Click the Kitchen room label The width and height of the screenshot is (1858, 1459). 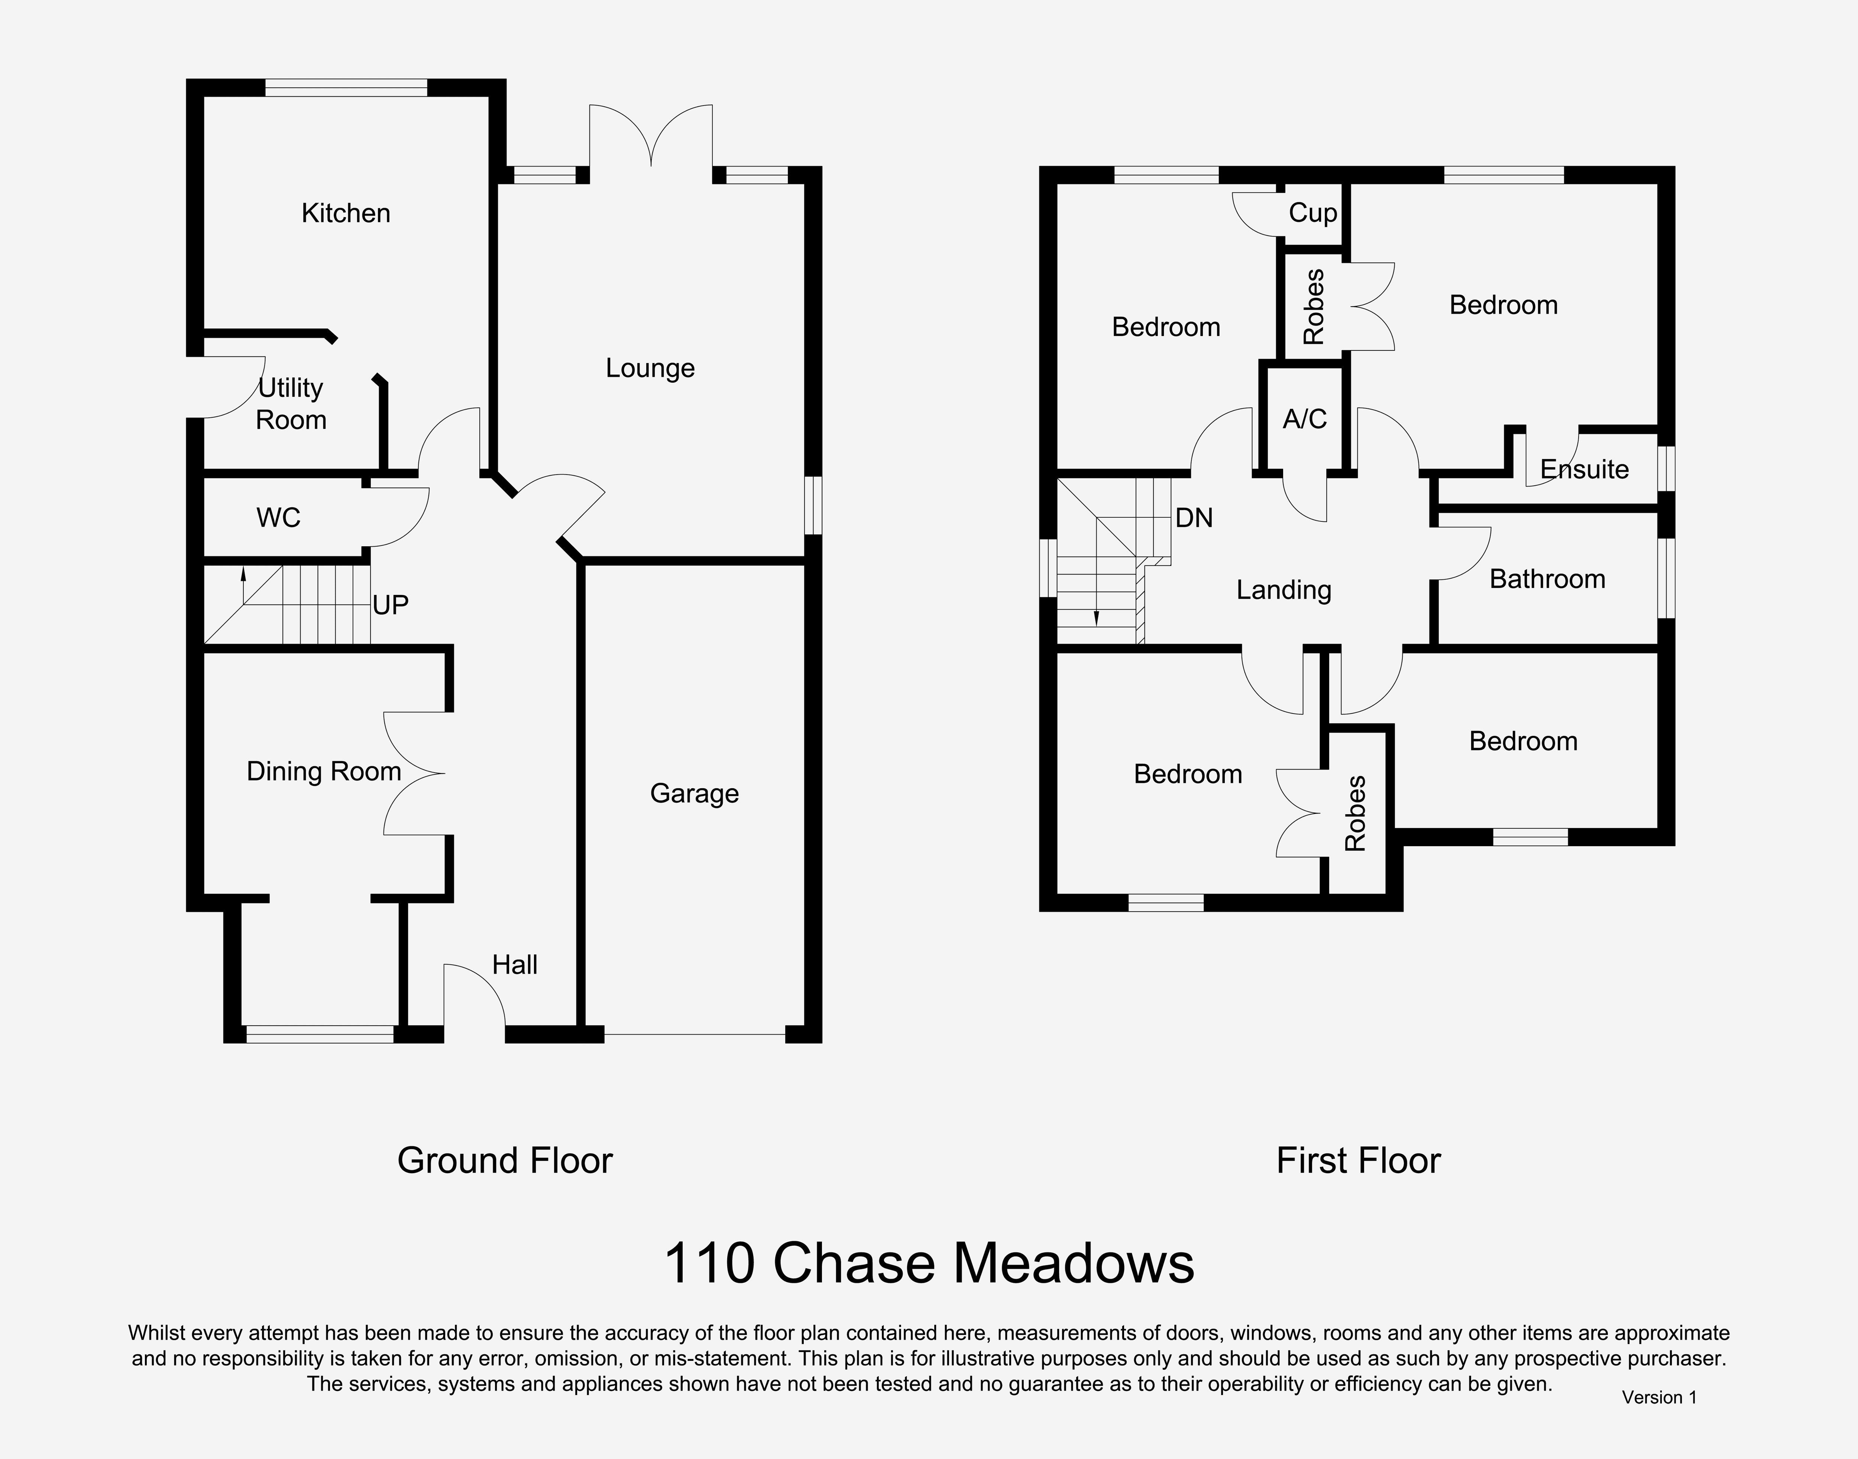click(346, 213)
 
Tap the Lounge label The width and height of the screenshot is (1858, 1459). click(650, 368)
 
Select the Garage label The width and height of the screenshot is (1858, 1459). click(695, 793)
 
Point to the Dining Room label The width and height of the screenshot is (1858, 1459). click(324, 771)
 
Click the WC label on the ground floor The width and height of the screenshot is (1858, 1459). click(278, 518)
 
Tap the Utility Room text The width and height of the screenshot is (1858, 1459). click(291, 403)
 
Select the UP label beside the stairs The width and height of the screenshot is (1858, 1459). click(391, 605)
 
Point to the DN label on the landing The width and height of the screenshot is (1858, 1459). click(1194, 518)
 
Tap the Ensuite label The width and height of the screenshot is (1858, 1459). click(1585, 469)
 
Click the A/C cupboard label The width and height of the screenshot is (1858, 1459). click(1305, 418)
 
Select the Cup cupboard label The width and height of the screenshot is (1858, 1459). click(1313, 213)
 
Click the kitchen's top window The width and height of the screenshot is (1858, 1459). click(346, 87)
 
